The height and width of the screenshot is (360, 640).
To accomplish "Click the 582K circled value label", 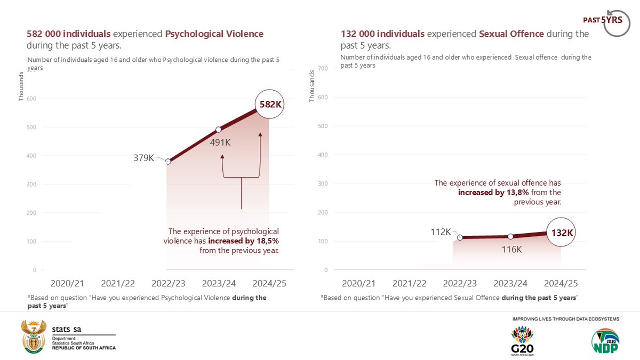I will point(270,105).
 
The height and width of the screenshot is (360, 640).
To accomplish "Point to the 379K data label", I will point(143,158).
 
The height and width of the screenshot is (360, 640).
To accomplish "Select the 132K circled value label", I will point(562,233).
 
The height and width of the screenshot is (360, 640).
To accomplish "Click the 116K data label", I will point(511,249).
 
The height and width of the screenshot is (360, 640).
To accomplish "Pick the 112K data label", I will point(441,232).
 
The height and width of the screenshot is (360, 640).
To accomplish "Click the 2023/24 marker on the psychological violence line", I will point(218,130).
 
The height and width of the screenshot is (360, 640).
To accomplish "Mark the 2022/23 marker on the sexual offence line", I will point(459,238).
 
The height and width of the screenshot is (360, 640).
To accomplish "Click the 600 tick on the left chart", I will point(31,99).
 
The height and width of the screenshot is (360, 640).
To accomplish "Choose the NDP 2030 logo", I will point(604,342).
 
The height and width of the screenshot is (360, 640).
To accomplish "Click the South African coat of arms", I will point(33,337).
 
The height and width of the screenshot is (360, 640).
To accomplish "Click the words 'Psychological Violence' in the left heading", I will point(214,34).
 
